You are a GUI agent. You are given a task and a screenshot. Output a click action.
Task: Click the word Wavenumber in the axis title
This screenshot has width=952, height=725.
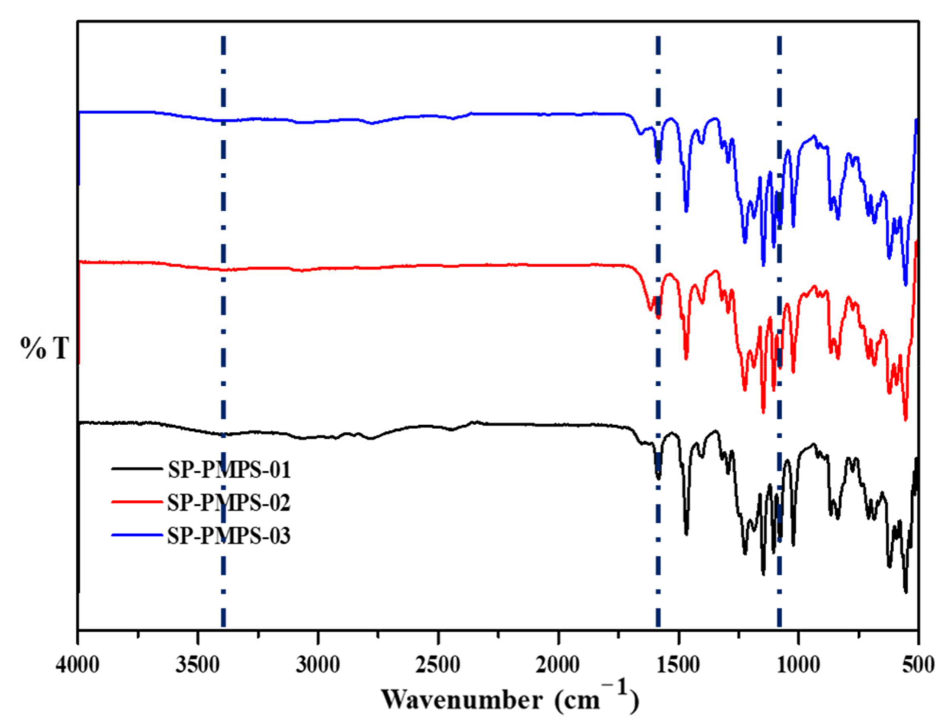coord(462,699)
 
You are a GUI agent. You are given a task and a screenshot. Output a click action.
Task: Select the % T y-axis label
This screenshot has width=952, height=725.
coord(45,348)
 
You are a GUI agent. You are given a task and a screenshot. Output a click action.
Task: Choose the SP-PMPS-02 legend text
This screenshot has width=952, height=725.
coord(229,503)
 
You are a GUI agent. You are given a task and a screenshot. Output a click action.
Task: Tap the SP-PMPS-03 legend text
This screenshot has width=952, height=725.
coord(229,536)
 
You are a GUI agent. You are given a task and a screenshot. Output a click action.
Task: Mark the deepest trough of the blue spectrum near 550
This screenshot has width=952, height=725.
coord(906,284)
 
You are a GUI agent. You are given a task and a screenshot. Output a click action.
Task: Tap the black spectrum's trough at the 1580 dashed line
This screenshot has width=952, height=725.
coord(659,478)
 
